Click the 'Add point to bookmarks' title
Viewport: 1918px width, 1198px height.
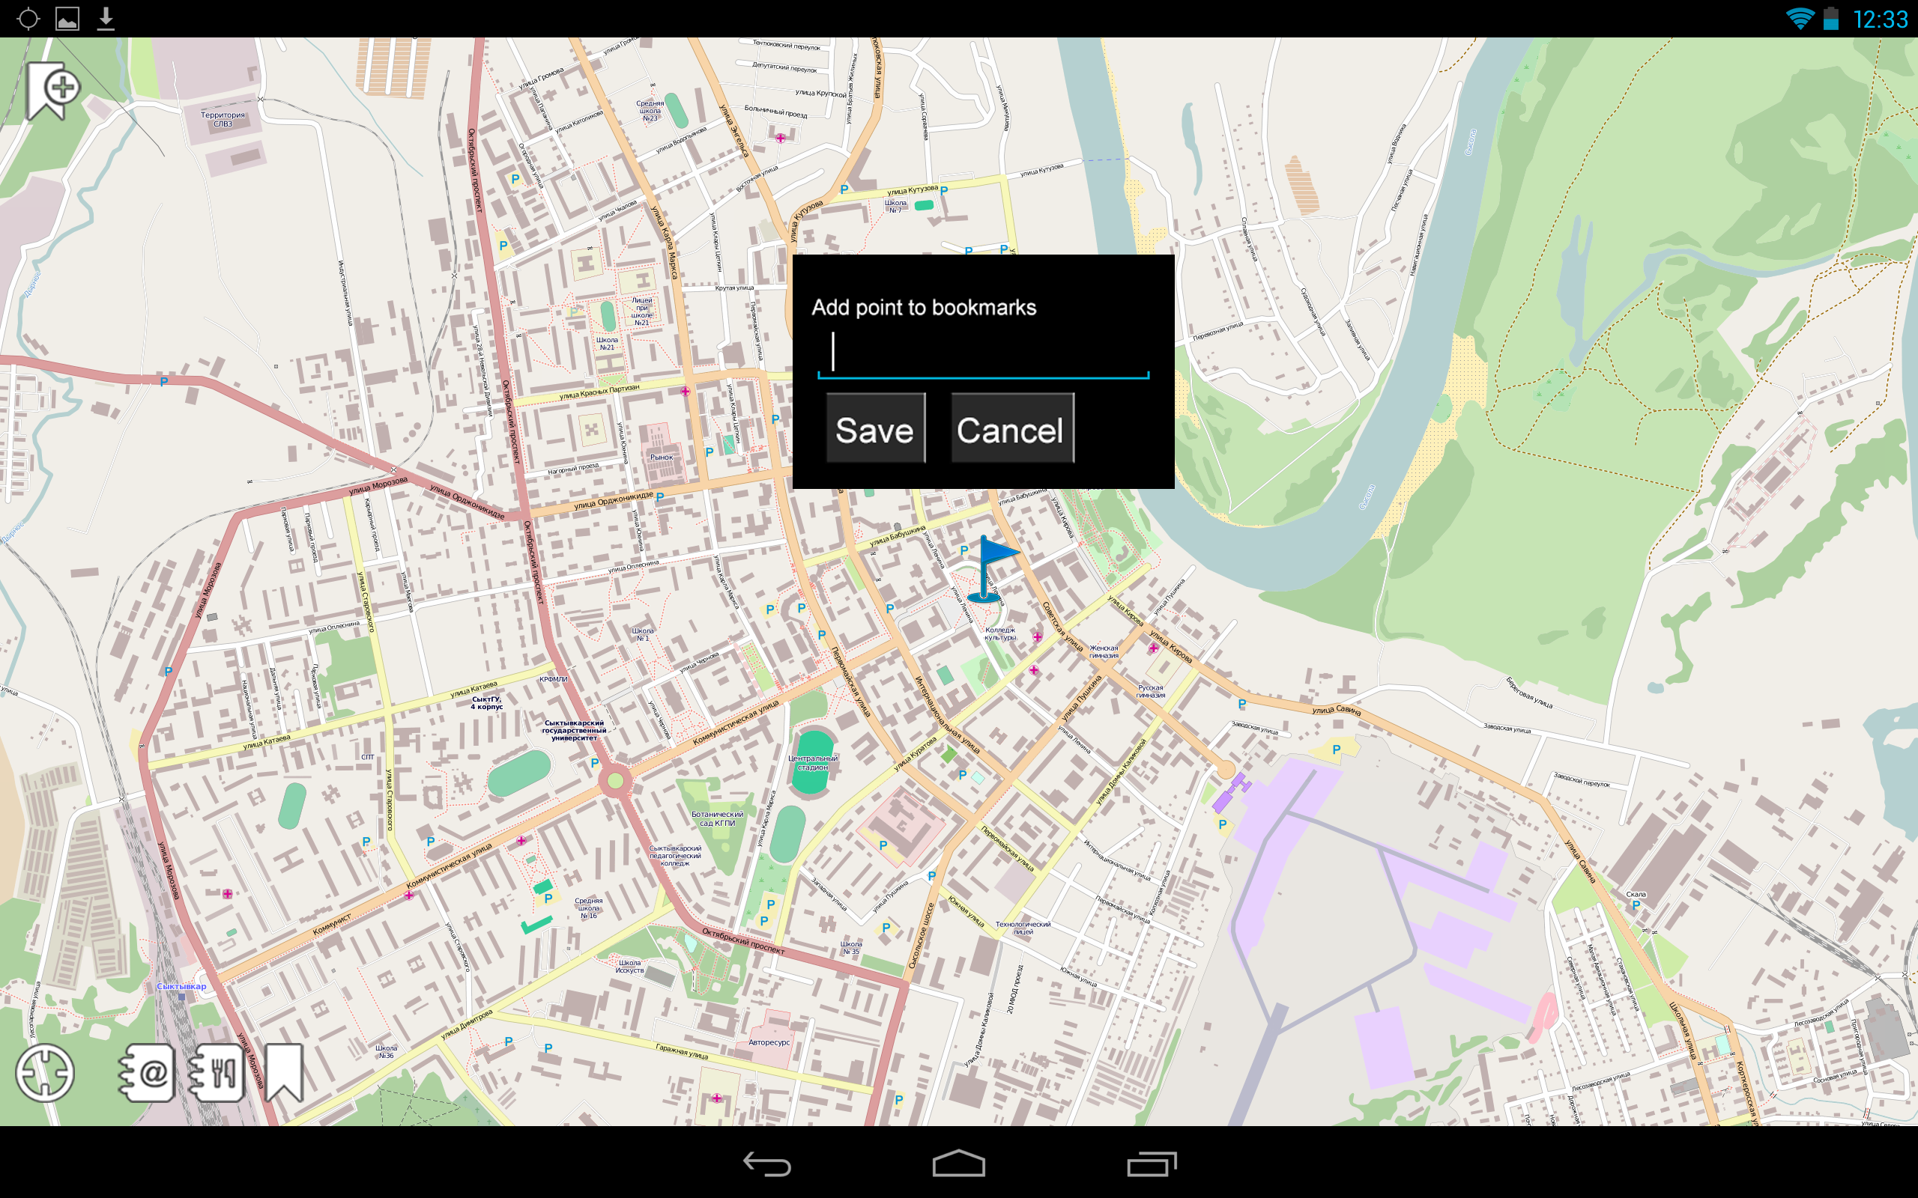point(923,308)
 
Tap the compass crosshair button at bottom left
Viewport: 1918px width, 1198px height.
point(44,1073)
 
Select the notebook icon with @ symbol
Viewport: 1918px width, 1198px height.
point(148,1073)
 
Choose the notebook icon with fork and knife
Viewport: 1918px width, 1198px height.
point(217,1073)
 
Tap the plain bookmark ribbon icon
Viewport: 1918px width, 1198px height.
point(284,1073)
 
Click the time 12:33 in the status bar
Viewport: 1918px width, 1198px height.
point(1880,19)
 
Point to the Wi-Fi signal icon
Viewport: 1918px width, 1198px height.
point(1799,18)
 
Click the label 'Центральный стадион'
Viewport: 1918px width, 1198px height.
point(812,762)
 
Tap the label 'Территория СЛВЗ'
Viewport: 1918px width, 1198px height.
point(223,119)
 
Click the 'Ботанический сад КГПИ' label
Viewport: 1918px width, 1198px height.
point(717,818)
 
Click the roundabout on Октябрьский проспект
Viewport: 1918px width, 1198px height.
point(615,781)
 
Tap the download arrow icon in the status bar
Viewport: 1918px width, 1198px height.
point(106,18)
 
